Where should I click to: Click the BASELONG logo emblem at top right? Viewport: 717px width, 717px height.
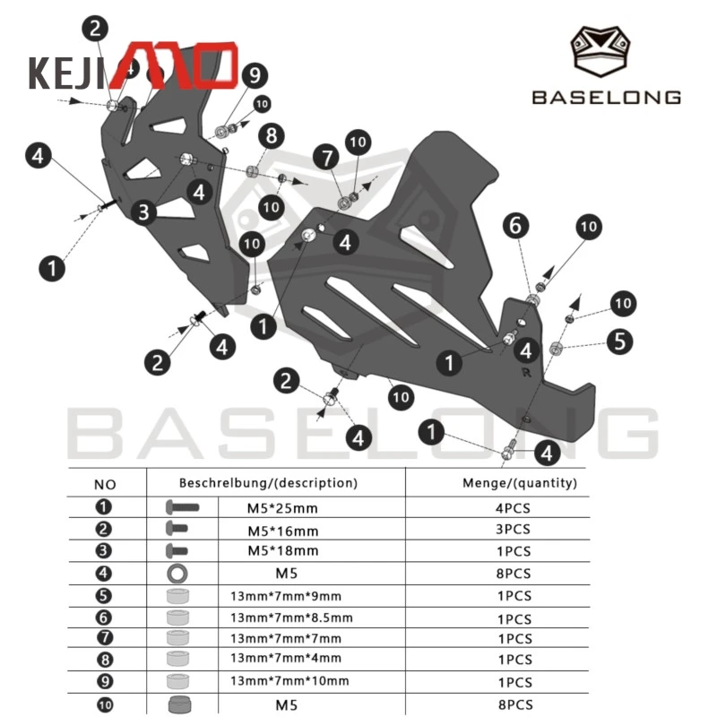600,50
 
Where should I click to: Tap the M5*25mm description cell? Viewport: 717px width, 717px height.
282,508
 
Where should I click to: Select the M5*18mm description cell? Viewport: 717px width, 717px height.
283,550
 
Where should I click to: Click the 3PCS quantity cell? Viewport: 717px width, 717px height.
513,529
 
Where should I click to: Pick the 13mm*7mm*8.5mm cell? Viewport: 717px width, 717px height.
292,618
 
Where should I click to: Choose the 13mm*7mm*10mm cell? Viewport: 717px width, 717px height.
289,681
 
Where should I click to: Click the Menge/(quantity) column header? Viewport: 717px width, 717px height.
520,483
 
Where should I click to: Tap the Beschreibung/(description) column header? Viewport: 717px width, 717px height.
268,483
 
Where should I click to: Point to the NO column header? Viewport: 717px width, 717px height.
105,485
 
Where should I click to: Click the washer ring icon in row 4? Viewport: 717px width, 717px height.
177,573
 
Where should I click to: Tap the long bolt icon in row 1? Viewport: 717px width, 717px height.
182,506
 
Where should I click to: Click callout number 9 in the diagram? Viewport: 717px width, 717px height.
255,75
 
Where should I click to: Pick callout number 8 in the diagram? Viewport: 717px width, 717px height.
272,136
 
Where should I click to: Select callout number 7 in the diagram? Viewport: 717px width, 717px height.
326,158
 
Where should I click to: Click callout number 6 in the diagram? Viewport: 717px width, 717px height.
516,226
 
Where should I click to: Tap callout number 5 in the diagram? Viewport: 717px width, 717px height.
619,341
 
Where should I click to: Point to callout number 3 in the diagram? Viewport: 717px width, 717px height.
143,212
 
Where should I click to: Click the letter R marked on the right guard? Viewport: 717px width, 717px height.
526,373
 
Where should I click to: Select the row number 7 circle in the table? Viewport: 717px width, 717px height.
105,637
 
